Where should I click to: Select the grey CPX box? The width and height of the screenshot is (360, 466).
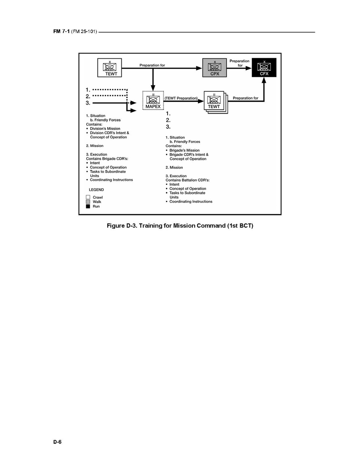[215, 67]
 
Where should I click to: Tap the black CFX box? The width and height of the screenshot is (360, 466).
[264, 67]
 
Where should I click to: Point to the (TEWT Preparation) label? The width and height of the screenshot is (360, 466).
[182, 98]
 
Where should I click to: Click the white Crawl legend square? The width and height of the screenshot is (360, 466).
[88, 197]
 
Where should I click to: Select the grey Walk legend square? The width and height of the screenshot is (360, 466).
[88, 202]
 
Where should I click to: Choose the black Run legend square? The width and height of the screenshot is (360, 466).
[88, 206]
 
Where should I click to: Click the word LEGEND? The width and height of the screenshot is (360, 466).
[96, 189]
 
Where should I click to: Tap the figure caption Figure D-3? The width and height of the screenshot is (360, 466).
[180, 226]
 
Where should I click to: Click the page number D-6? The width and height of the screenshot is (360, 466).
[58, 442]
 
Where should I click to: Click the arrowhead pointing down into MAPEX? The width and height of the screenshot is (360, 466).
[153, 88]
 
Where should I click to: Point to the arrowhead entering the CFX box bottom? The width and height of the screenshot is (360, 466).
[264, 80]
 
